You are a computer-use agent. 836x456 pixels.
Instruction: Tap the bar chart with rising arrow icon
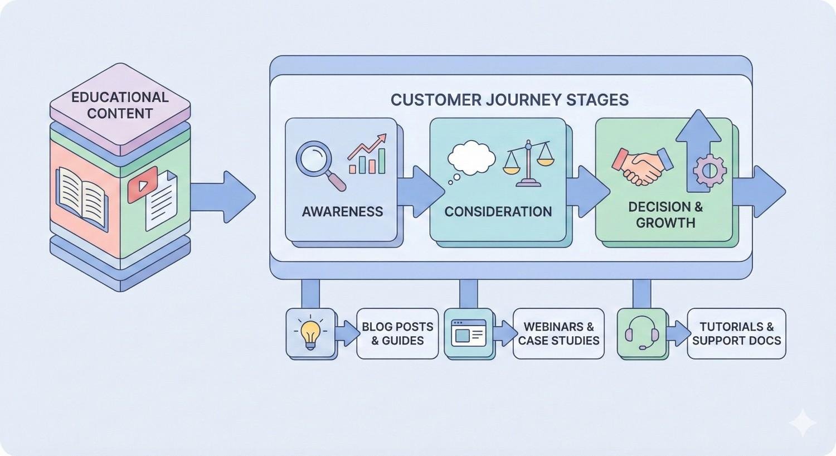coord(367,154)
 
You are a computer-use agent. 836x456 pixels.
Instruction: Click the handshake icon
coord(642,165)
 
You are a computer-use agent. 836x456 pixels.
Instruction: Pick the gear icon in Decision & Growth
coord(709,170)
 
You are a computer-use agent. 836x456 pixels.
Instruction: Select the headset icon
coord(641,333)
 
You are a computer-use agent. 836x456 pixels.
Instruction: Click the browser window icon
coord(468,333)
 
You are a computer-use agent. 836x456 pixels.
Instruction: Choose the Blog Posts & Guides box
coord(397,333)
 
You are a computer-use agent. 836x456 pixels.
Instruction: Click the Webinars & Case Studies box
coord(558,333)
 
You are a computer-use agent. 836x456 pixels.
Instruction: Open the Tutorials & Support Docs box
coord(736,333)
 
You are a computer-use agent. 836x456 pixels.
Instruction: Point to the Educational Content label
coord(120,105)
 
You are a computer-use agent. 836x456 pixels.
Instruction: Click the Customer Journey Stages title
coord(509,100)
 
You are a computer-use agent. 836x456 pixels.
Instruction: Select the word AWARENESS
coord(342,212)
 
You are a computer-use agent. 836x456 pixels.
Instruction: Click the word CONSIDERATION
coord(498,212)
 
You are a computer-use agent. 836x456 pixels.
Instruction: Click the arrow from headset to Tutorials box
coord(678,333)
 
